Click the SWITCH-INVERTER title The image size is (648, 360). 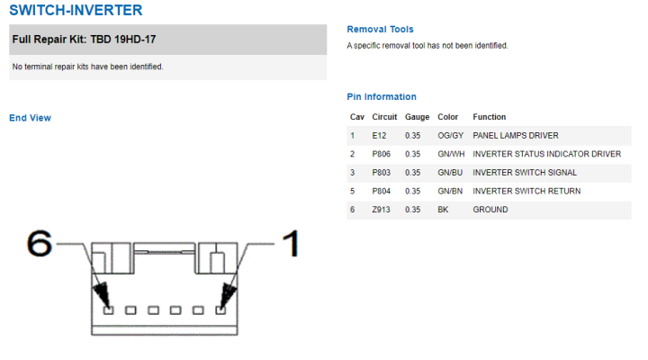[x=76, y=10]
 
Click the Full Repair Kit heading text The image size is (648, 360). [x=84, y=40]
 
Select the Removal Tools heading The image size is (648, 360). [x=380, y=30]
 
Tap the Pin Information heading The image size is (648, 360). [x=382, y=96]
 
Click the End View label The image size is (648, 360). [x=31, y=118]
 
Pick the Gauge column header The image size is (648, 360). [x=417, y=117]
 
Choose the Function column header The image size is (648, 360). [x=490, y=117]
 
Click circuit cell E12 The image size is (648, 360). [x=379, y=136]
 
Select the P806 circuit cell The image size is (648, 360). [x=381, y=154]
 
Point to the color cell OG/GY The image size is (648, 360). [x=451, y=136]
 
